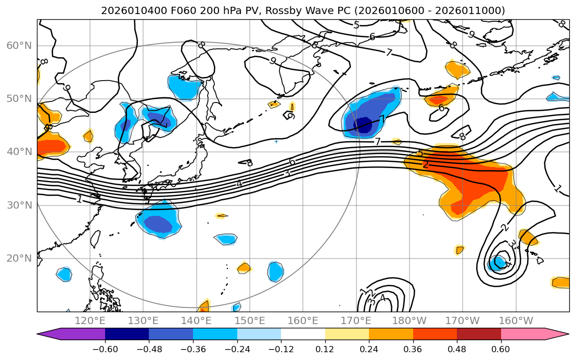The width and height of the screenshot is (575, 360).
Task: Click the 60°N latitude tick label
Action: (19, 46)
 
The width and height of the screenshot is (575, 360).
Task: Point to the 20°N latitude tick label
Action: (19, 259)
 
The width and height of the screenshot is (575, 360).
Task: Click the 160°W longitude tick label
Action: (516, 320)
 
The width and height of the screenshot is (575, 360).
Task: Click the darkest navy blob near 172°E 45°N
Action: (363, 125)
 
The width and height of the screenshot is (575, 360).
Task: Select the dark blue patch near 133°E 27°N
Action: (158, 223)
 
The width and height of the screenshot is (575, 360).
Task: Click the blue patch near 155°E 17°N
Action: (275, 271)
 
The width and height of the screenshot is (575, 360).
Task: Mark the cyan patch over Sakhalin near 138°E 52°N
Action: (185, 87)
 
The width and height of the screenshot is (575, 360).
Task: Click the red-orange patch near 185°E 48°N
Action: (438, 99)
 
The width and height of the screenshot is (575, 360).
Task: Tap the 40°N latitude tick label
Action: (19, 152)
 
